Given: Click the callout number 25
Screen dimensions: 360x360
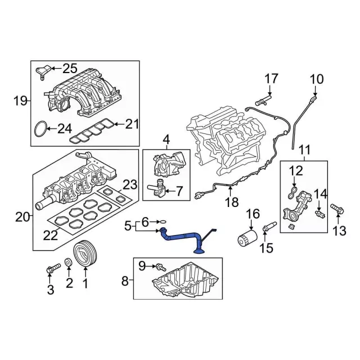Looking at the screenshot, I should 70,69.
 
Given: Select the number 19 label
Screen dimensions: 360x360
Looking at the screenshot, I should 20,101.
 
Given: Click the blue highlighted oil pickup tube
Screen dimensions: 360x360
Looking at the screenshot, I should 183,238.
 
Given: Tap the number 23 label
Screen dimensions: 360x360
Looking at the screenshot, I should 130,184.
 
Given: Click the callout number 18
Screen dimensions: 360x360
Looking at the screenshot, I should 231,201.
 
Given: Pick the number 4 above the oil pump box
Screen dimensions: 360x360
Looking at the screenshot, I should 166,139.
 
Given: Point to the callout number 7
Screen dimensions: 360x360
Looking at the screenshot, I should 178,191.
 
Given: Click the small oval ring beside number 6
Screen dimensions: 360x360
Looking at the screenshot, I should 161,223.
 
